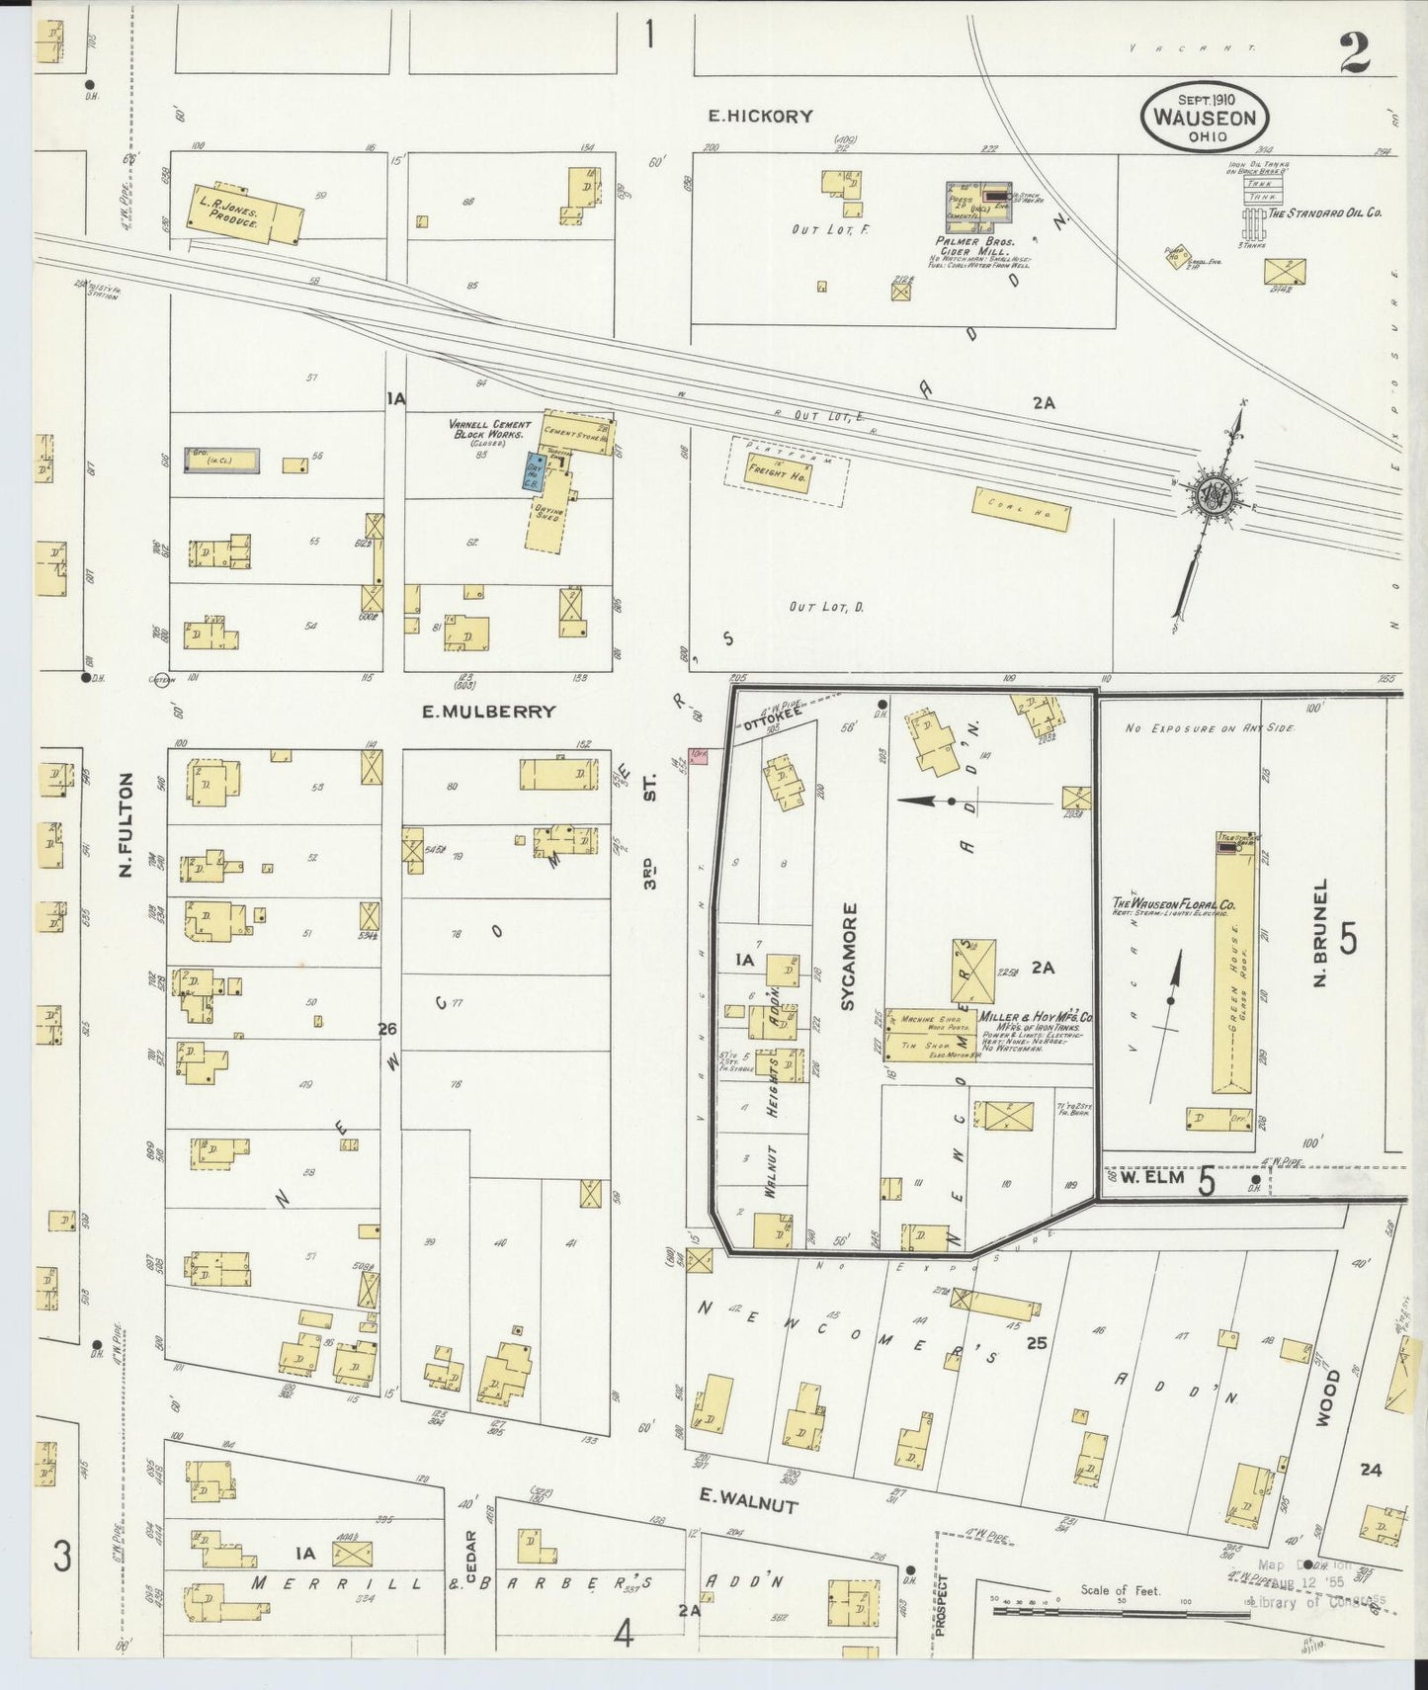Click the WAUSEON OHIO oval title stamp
coord(1204,118)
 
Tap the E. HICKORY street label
coord(761,116)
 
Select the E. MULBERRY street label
coord(489,711)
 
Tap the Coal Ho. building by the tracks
coord(1022,508)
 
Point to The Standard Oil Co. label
coord(1324,212)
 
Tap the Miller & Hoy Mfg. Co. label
coord(1035,1017)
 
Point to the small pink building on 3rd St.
coord(700,756)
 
